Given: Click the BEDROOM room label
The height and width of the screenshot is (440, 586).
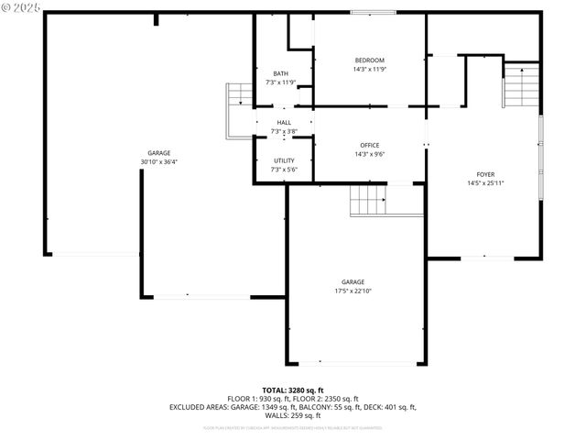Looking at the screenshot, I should [369, 60].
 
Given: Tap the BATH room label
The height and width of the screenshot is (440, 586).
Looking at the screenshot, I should [280, 73].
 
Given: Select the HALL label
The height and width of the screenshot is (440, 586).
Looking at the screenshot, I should [284, 123].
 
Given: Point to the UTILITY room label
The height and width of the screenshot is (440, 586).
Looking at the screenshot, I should [283, 160].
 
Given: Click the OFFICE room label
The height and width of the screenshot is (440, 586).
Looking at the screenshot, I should [369, 146].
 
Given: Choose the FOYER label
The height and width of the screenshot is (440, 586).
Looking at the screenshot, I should [485, 174].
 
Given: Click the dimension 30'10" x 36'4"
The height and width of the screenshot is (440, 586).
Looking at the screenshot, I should [159, 162].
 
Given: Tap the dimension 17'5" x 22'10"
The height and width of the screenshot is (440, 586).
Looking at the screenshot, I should [353, 291].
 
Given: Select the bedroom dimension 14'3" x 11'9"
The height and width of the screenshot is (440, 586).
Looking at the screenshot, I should [369, 70].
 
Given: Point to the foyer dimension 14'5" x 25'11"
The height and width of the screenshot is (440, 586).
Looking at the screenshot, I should [485, 183].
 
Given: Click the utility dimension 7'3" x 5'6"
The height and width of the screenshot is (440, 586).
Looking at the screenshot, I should [283, 170].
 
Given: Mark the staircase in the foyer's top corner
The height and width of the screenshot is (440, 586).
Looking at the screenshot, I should [522, 85].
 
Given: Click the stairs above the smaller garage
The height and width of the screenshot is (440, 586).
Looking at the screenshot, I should [369, 200].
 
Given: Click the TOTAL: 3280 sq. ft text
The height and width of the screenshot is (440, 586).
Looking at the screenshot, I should [293, 390].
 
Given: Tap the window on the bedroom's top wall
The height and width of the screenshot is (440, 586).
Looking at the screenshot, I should [369, 12].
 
